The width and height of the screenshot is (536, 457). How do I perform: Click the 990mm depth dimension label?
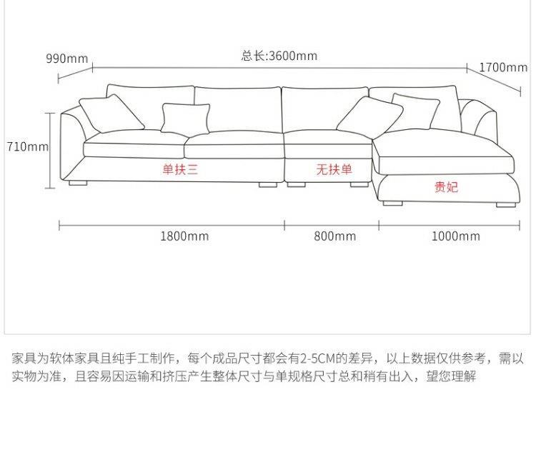[67, 59]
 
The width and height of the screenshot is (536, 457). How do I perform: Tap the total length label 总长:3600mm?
[279, 56]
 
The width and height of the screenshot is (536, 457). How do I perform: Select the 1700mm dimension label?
[503, 67]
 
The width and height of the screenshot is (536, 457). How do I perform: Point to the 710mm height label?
[27, 147]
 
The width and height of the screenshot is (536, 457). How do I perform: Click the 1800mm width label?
[184, 236]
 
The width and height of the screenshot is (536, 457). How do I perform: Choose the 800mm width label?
[334, 236]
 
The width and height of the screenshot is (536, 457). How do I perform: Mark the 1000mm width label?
[455, 236]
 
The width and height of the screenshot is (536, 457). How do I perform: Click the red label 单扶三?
[180, 169]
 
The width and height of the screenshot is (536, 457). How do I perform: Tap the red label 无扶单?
[334, 169]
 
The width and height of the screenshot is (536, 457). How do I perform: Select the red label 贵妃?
[447, 187]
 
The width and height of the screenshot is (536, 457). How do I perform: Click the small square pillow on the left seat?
[186, 119]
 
